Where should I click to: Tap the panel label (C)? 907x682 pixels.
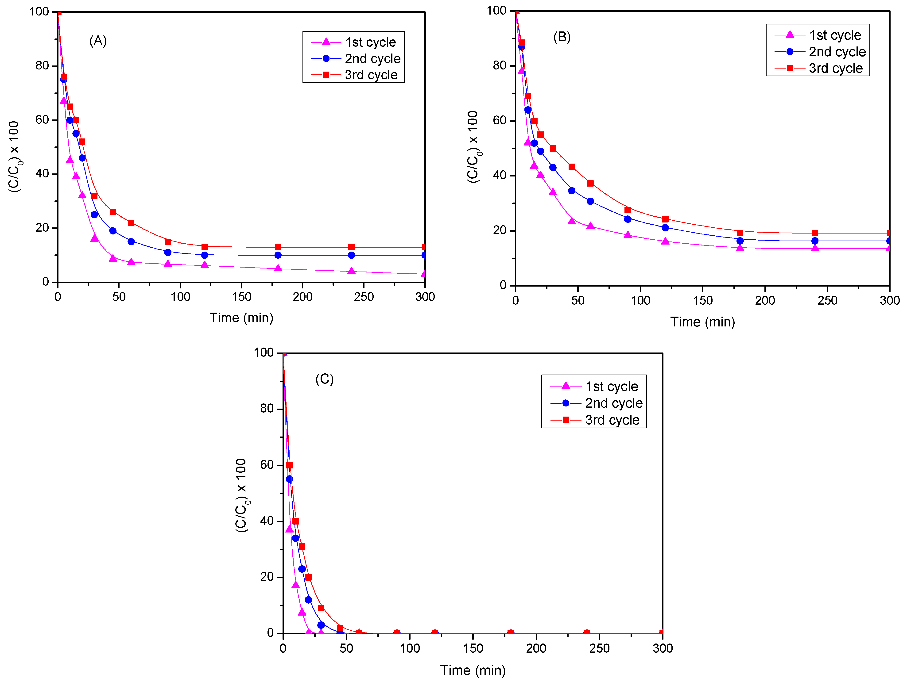coord(324,379)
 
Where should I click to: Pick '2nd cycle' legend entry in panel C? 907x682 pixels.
coord(613,403)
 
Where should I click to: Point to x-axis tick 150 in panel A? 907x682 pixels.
coord(241,297)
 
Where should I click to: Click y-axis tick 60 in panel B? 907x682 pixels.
coord(500,120)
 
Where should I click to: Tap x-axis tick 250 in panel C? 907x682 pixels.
coord(599,648)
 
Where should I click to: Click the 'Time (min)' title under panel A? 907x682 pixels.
coord(241,318)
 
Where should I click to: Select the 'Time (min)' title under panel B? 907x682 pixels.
coord(702,322)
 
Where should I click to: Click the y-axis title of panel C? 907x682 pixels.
coord(241,495)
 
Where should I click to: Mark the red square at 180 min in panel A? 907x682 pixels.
coord(278,247)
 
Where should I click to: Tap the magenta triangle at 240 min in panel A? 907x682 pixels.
coord(351,271)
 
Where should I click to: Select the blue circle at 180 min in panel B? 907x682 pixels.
coord(740,241)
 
